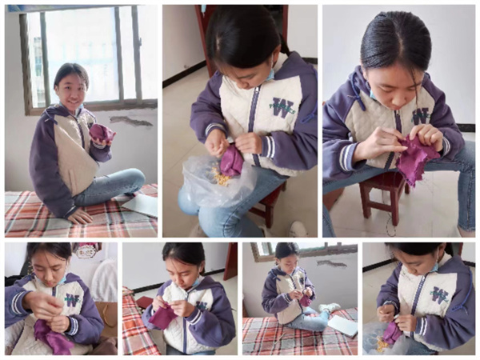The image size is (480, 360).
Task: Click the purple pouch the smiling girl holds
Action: (102, 134)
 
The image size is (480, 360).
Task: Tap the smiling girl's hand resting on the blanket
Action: (80, 217)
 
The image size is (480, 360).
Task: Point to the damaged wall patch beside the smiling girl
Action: (131, 121)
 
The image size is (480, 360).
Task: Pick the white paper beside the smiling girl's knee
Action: (140, 202)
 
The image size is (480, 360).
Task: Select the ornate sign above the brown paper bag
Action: (87, 250)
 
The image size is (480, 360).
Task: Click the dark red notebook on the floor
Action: (144, 302)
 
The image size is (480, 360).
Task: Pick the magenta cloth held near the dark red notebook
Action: (162, 314)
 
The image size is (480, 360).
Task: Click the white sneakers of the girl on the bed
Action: (329, 307)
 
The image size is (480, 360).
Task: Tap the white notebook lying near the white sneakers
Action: (342, 326)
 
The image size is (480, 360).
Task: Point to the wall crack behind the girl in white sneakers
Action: (331, 262)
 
